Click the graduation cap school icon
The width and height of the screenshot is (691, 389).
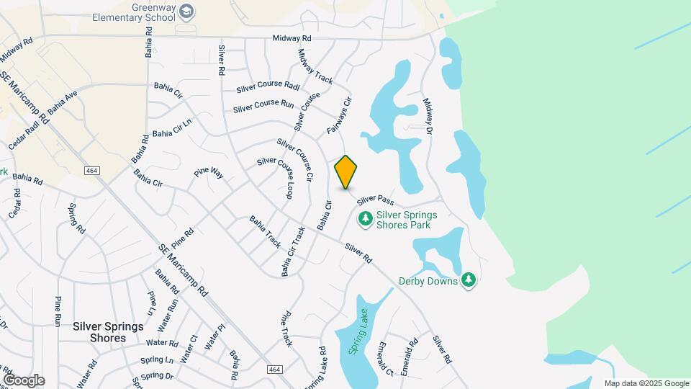tap(186, 10)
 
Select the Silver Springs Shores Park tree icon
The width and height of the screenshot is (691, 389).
tap(366, 218)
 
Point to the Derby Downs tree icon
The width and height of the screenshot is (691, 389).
tap(469, 280)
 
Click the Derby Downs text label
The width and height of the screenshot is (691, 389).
tap(428, 281)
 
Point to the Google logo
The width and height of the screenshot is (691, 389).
tap(24, 380)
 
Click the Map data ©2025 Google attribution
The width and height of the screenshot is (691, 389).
tap(646, 383)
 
